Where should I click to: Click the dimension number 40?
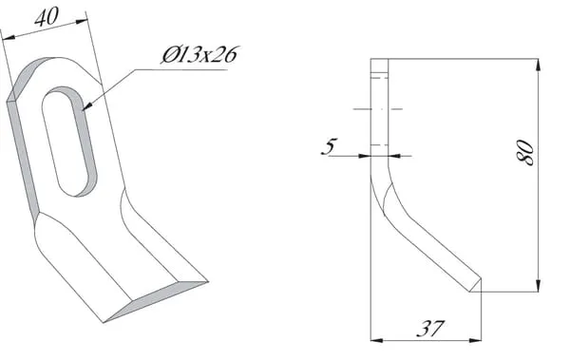[47, 17]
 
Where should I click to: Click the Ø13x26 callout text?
[199, 55]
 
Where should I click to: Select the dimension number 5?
[330, 146]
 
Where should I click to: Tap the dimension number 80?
[525, 152]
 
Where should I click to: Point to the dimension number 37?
[430, 329]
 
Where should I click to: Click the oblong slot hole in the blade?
[69, 142]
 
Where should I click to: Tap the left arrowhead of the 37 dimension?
[376, 340]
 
